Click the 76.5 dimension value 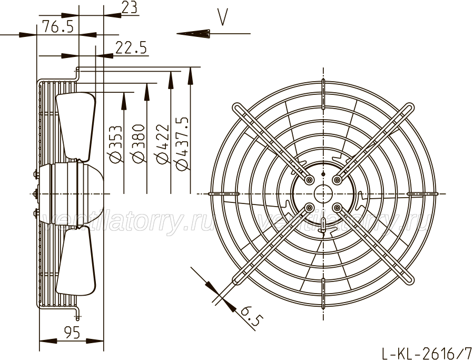pos(58,26)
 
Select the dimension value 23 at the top pos(130,7)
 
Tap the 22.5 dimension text pos(131,48)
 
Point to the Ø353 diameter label pos(116,144)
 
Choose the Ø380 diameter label pos(138,143)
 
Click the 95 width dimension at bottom pos(72,333)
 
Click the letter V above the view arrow pos(223,17)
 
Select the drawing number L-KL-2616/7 pos(427,353)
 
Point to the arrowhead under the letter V pos(193,34)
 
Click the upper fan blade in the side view pos(75,126)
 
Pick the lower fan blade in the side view pos(75,261)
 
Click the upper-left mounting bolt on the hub pos(309,180)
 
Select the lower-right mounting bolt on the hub pos(337,208)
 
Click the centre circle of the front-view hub pos(323,193)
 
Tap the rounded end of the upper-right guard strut pos(410,108)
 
